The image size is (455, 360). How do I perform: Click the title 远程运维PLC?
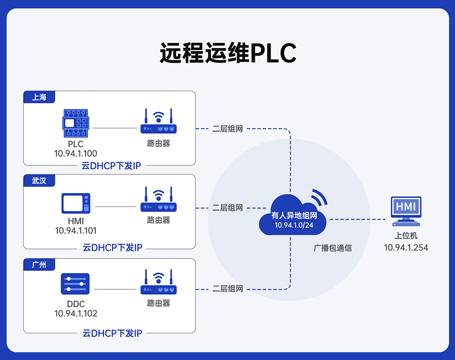point(227,53)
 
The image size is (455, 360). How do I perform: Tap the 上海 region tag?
point(39,97)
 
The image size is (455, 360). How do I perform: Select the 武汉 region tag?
point(39,181)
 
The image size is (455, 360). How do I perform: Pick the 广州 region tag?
point(39,264)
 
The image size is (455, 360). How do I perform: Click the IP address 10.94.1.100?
point(76,153)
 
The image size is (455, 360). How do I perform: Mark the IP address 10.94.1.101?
point(76,231)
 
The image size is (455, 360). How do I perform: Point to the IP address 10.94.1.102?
point(76,313)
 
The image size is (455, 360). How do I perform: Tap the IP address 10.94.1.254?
point(406,247)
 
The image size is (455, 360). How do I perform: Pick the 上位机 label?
point(406,236)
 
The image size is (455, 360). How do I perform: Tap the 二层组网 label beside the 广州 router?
point(227,289)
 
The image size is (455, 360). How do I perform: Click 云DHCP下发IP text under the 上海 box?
point(112,166)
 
